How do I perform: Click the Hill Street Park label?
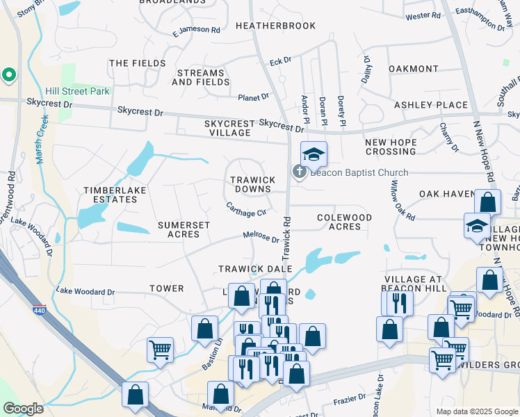pyautogui.click(x=78, y=91)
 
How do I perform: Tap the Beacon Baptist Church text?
pyautogui.click(x=359, y=173)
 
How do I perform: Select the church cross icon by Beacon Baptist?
pyautogui.click(x=300, y=170)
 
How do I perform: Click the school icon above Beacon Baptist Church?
pyautogui.click(x=314, y=154)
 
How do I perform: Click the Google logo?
pyautogui.click(x=23, y=409)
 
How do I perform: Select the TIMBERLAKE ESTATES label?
pyautogui.click(x=111, y=195)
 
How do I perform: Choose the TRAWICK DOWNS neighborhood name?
pyautogui.click(x=252, y=184)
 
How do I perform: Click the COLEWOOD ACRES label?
pyautogui.click(x=344, y=222)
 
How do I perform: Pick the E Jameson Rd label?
pyautogui.click(x=196, y=31)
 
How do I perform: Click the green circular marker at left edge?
pyautogui.click(x=8, y=74)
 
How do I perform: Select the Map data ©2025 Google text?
pyautogui.click(x=476, y=411)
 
